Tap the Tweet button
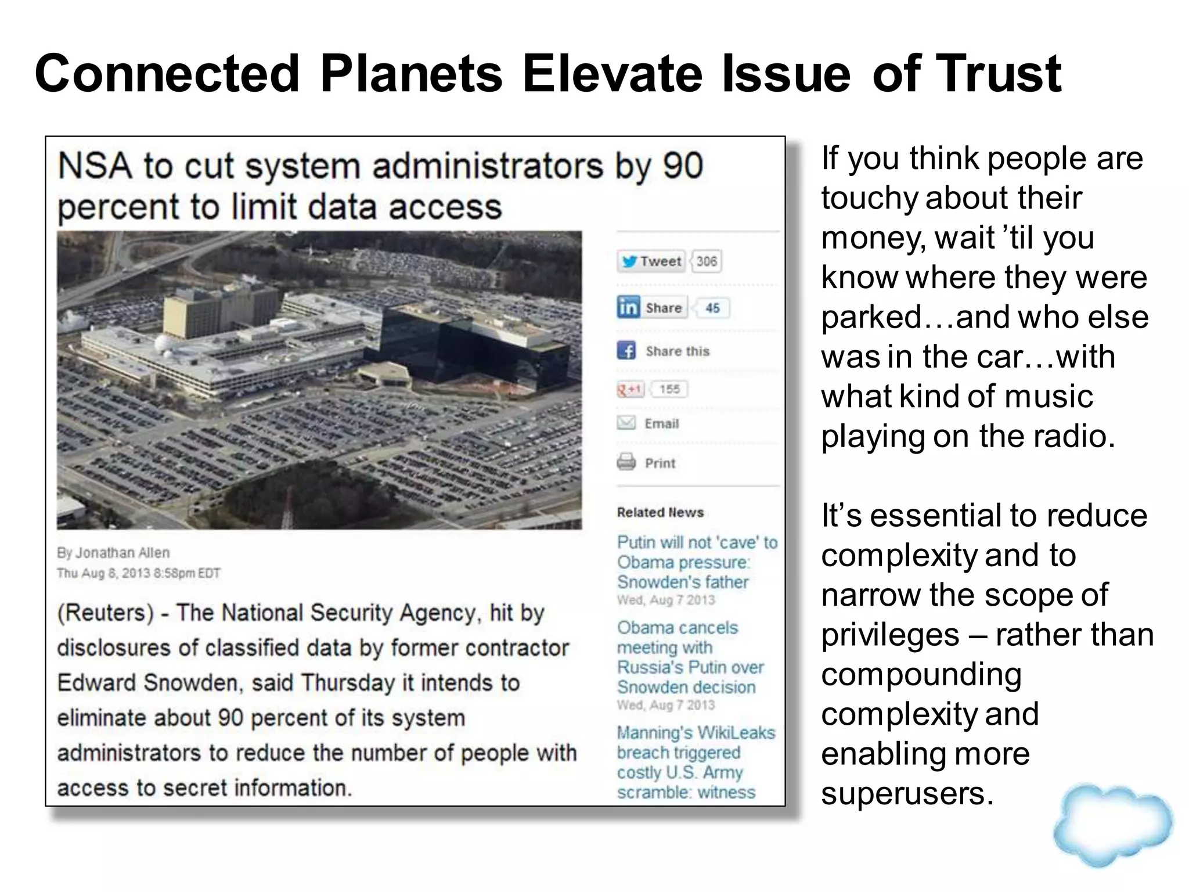click(651, 261)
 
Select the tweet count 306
click(706, 261)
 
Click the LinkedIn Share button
click(651, 307)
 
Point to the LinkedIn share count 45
click(712, 308)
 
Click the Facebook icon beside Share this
click(626, 351)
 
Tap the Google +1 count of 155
click(669, 389)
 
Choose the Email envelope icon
click(626, 423)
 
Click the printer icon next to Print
click(626, 462)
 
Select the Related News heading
click(660, 512)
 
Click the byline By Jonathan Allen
click(113, 552)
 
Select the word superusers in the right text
click(907, 793)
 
